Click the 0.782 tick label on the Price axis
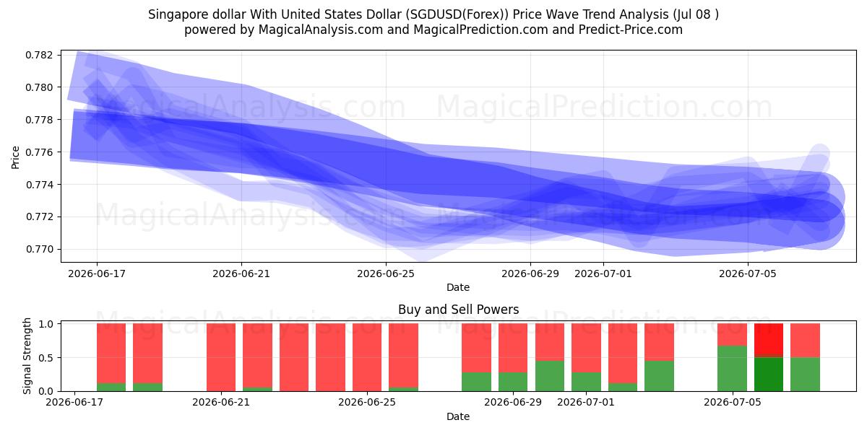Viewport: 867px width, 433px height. point(39,55)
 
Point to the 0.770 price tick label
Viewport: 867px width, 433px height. point(39,250)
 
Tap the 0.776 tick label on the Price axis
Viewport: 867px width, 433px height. point(39,152)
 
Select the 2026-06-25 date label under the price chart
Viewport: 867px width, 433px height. point(386,274)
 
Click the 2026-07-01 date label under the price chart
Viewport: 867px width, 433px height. point(603,274)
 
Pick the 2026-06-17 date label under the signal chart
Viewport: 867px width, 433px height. point(74,402)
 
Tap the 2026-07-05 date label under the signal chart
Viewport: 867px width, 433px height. point(733,402)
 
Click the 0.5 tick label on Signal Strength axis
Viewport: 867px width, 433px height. point(46,358)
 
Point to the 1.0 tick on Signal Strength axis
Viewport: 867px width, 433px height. point(46,324)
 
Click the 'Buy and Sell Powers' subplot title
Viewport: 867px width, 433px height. point(458,310)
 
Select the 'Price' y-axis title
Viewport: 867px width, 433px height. point(15,157)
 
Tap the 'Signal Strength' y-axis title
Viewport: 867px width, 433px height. point(27,356)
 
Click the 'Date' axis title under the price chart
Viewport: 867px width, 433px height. point(458,287)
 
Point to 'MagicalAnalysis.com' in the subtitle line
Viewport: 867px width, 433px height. point(321,30)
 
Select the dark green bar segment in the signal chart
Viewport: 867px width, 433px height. point(769,375)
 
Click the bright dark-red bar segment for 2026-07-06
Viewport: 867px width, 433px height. point(769,338)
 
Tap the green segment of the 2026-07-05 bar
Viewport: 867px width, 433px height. point(733,369)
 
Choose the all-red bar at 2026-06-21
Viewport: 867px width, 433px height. point(221,357)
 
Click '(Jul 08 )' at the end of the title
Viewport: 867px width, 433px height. point(696,14)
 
